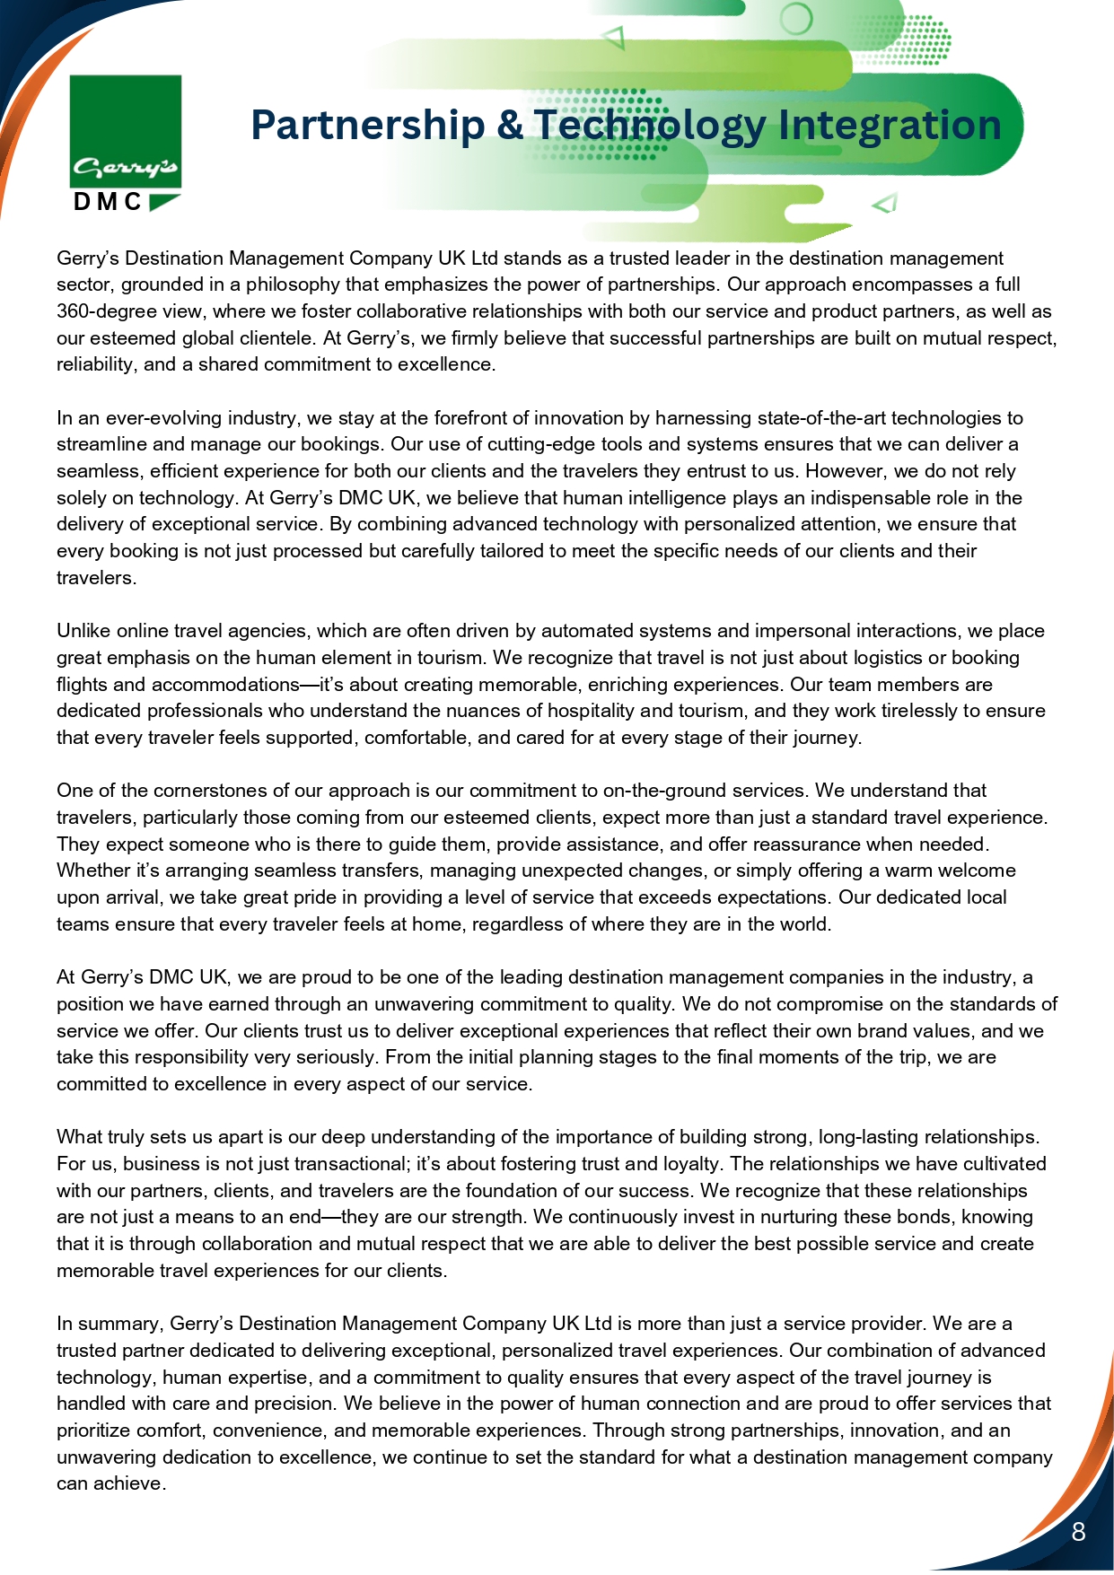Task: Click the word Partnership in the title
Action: click(367, 125)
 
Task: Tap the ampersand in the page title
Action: click(509, 125)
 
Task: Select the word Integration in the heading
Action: click(890, 125)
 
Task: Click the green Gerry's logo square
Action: click(126, 131)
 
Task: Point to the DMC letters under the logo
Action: click(108, 202)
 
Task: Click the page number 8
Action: click(1078, 1531)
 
